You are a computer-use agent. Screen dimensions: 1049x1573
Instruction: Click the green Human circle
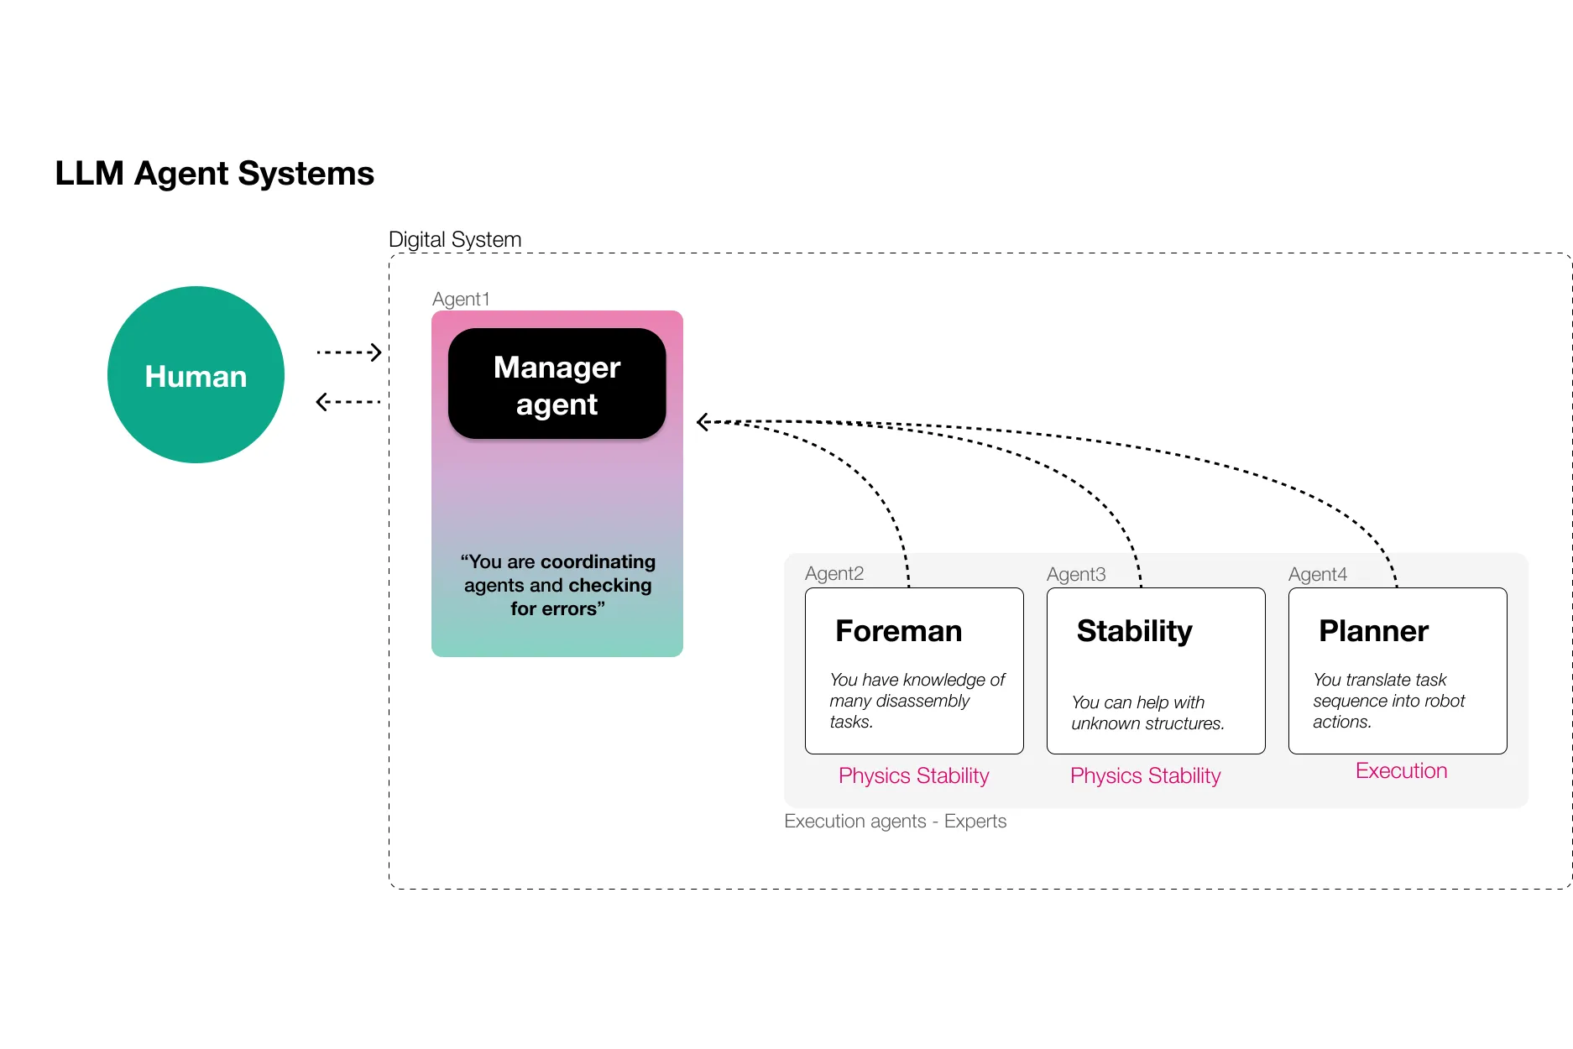(x=196, y=375)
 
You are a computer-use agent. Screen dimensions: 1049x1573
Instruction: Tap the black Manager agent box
(x=557, y=384)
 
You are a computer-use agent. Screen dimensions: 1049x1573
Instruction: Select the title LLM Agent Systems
(x=214, y=174)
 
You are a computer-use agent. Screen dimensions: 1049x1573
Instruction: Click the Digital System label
(x=455, y=239)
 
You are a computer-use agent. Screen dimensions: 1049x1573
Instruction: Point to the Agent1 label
(x=461, y=299)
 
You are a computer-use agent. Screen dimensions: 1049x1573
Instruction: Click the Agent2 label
(x=834, y=573)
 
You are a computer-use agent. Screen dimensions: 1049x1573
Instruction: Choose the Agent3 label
(x=1075, y=574)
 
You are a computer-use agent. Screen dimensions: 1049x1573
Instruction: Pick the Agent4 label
(x=1317, y=574)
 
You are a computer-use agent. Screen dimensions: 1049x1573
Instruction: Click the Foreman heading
(x=898, y=631)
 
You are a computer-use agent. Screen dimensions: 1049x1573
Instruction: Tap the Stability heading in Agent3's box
(x=1134, y=631)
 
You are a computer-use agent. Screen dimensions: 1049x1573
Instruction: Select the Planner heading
(x=1373, y=631)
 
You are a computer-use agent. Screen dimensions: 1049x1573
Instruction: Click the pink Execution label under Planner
(x=1401, y=770)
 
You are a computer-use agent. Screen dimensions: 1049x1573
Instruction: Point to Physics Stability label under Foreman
(x=913, y=775)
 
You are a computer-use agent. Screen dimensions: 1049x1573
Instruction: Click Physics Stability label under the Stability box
(x=1145, y=775)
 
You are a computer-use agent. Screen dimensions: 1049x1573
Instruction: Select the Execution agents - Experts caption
(x=895, y=821)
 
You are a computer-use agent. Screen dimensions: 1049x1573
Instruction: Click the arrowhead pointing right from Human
(x=376, y=352)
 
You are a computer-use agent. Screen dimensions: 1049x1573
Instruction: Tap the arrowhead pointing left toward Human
(x=321, y=402)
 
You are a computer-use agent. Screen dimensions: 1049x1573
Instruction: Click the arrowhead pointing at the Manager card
(x=703, y=422)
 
